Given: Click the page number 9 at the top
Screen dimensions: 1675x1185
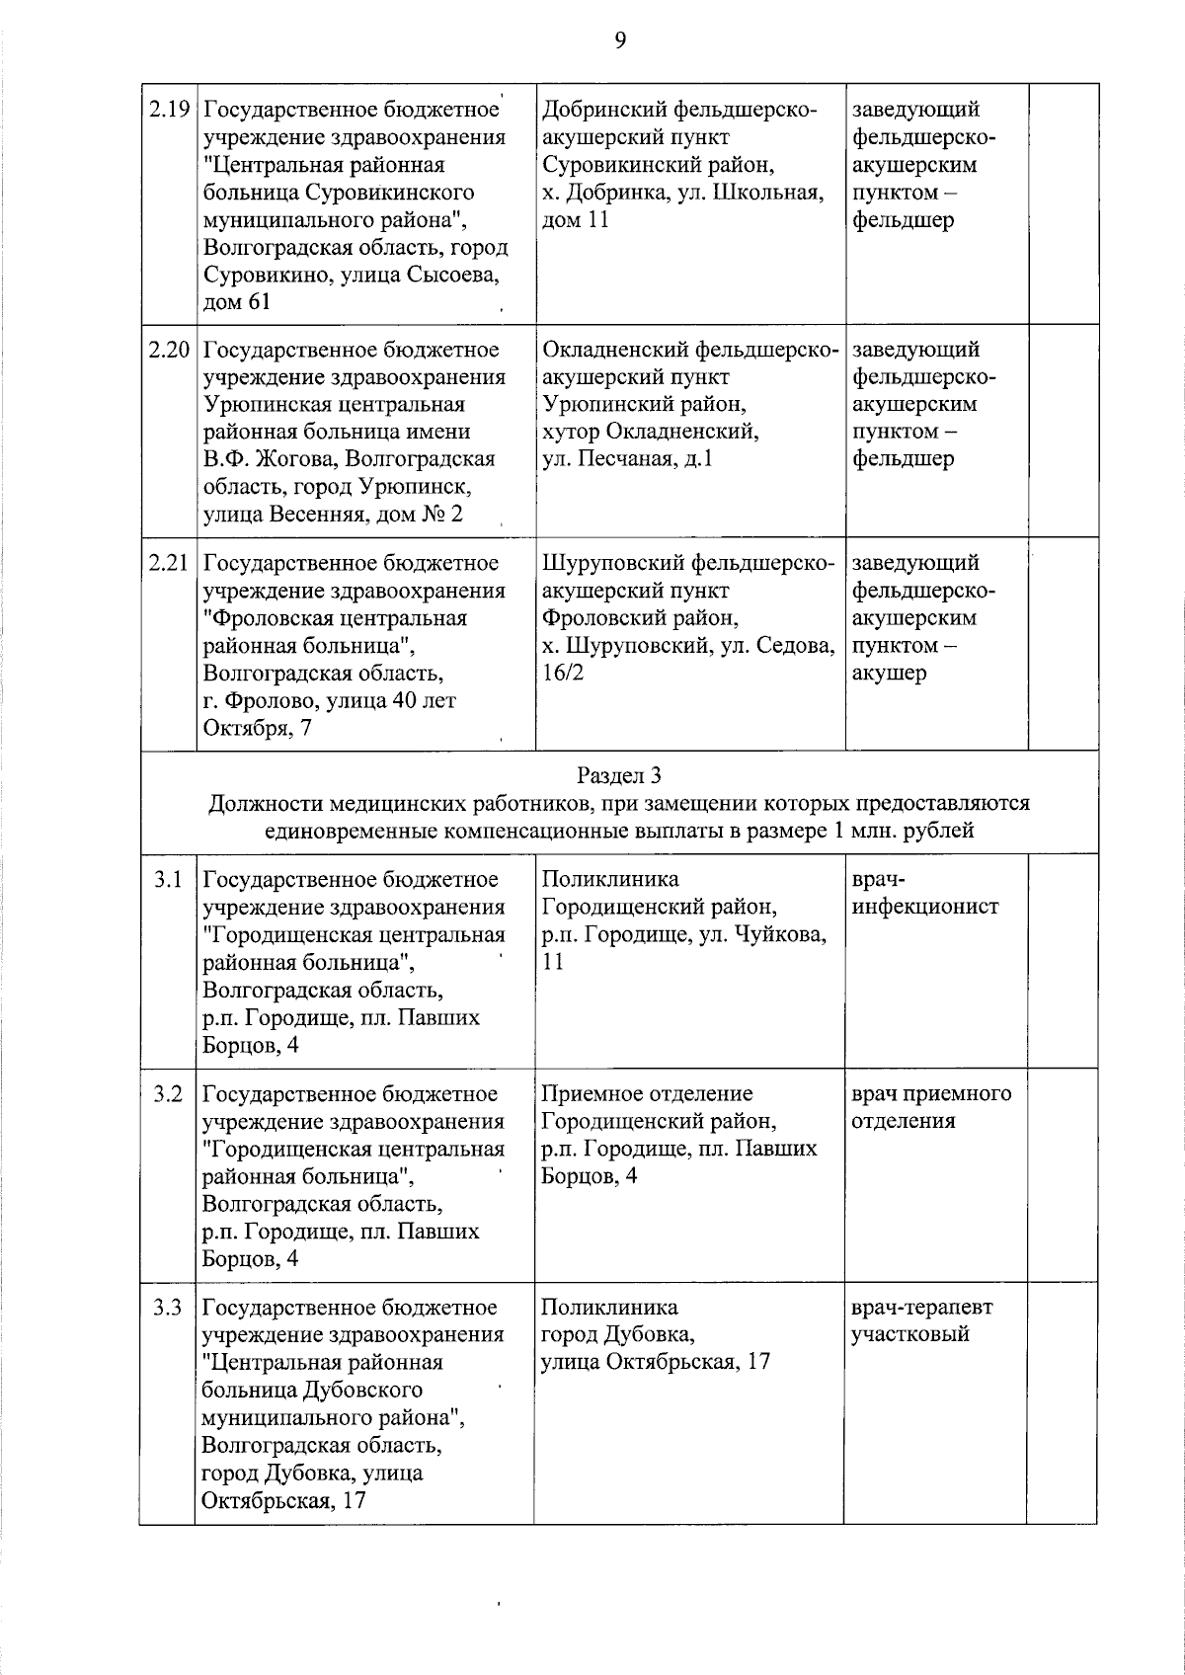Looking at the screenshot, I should click(620, 40).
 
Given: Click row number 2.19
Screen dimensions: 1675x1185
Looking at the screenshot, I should click(169, 110).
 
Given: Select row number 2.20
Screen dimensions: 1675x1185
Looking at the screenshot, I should click(169, 350).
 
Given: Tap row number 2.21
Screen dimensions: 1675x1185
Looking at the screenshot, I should click(169, 563).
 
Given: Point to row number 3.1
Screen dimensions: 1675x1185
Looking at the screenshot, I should click(168, 879).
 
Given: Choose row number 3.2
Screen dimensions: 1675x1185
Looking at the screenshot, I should click(168, 1094).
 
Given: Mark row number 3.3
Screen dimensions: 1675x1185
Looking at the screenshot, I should click(168, 1308).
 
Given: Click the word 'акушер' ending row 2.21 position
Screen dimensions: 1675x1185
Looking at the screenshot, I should click(889, 674).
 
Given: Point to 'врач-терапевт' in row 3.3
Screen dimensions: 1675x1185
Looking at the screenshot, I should click(921, 1308).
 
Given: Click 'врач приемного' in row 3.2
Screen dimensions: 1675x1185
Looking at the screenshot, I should click(930, 1094).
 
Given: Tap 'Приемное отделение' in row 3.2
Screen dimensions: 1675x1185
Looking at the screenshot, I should click(647, 1094).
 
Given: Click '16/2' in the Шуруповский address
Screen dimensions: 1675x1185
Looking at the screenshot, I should click(563, 674).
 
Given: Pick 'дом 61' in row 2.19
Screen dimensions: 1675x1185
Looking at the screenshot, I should click(236, 302).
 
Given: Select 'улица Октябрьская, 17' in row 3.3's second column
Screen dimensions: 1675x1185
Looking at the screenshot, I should click(656, 1363).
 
